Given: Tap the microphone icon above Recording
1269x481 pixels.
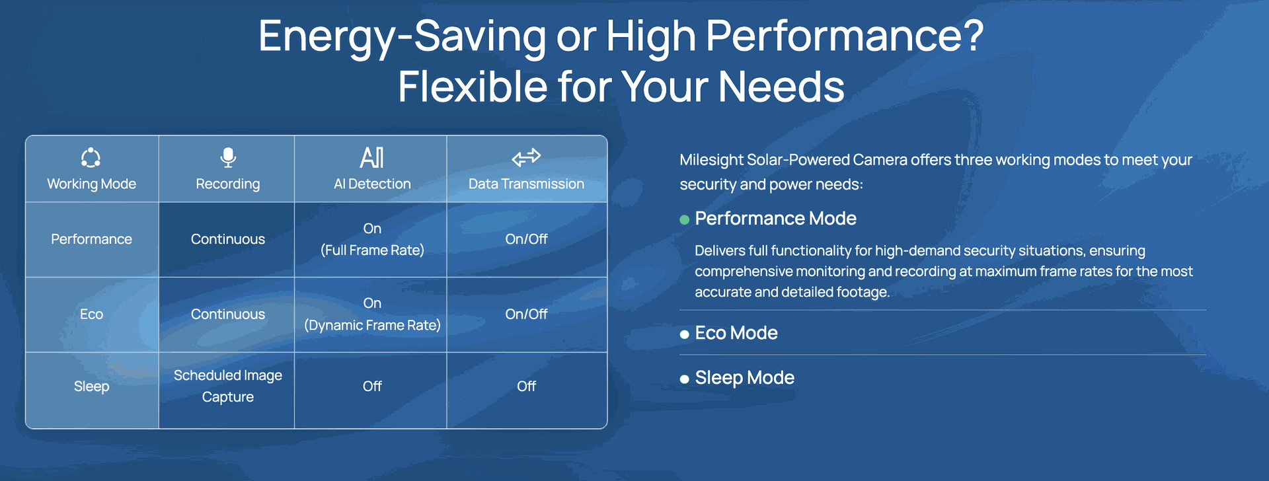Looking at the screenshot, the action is coord(228,157).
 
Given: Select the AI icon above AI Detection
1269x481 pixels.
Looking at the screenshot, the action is coord(372,157).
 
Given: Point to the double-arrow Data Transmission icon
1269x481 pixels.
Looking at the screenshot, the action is coord(526,157).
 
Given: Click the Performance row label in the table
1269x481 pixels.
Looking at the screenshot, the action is coord(91,239).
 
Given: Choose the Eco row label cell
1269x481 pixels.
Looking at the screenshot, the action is coord(91,314).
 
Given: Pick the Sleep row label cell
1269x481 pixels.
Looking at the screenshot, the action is coord(91,387).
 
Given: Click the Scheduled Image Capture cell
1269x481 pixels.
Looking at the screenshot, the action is coord(228,386).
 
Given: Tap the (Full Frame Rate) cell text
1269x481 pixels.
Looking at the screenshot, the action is coord(372,250).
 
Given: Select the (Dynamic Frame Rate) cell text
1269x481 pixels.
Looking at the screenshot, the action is coord(372,325).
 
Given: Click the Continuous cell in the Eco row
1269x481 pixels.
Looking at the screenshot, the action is coord(228,314).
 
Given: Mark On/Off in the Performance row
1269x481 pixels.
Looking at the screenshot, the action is coord(526,239).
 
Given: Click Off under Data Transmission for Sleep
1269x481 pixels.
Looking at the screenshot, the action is coord(526,386).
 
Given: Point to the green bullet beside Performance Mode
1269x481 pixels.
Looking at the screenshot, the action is coord(685,219).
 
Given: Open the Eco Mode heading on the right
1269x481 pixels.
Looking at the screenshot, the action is coord(736,333).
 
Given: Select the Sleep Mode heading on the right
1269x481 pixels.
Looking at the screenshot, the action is coord(745,378).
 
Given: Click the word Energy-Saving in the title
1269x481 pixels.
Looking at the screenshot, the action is coord(402,36).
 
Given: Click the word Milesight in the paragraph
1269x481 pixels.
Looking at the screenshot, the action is coord(712,160).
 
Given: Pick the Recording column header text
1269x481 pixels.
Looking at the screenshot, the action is coord(228,184).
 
